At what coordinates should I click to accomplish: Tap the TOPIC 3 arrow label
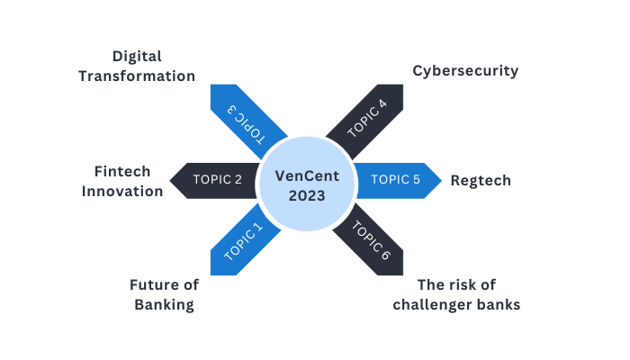(243, 120)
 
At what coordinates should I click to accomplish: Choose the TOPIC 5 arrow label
(395, 179)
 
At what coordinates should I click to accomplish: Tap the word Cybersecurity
(465, 70)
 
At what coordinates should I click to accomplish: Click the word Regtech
(481, 180)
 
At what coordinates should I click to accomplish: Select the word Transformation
(137, 76)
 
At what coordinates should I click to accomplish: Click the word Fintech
(122, 171)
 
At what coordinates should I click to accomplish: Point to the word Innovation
(128, 191)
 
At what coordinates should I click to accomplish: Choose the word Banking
(164, 304)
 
